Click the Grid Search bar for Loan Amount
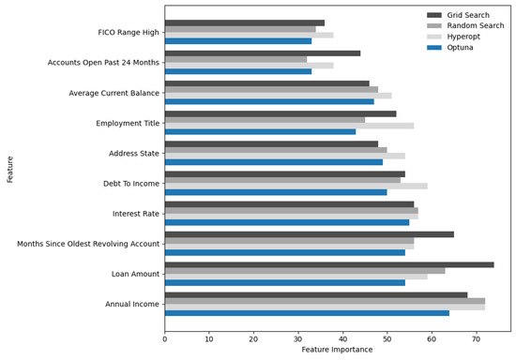tap(328, 265)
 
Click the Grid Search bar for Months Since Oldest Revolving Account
tap(309, 234)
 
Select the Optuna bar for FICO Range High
tap(238, 40)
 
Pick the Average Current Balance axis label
tap(113, 92)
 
